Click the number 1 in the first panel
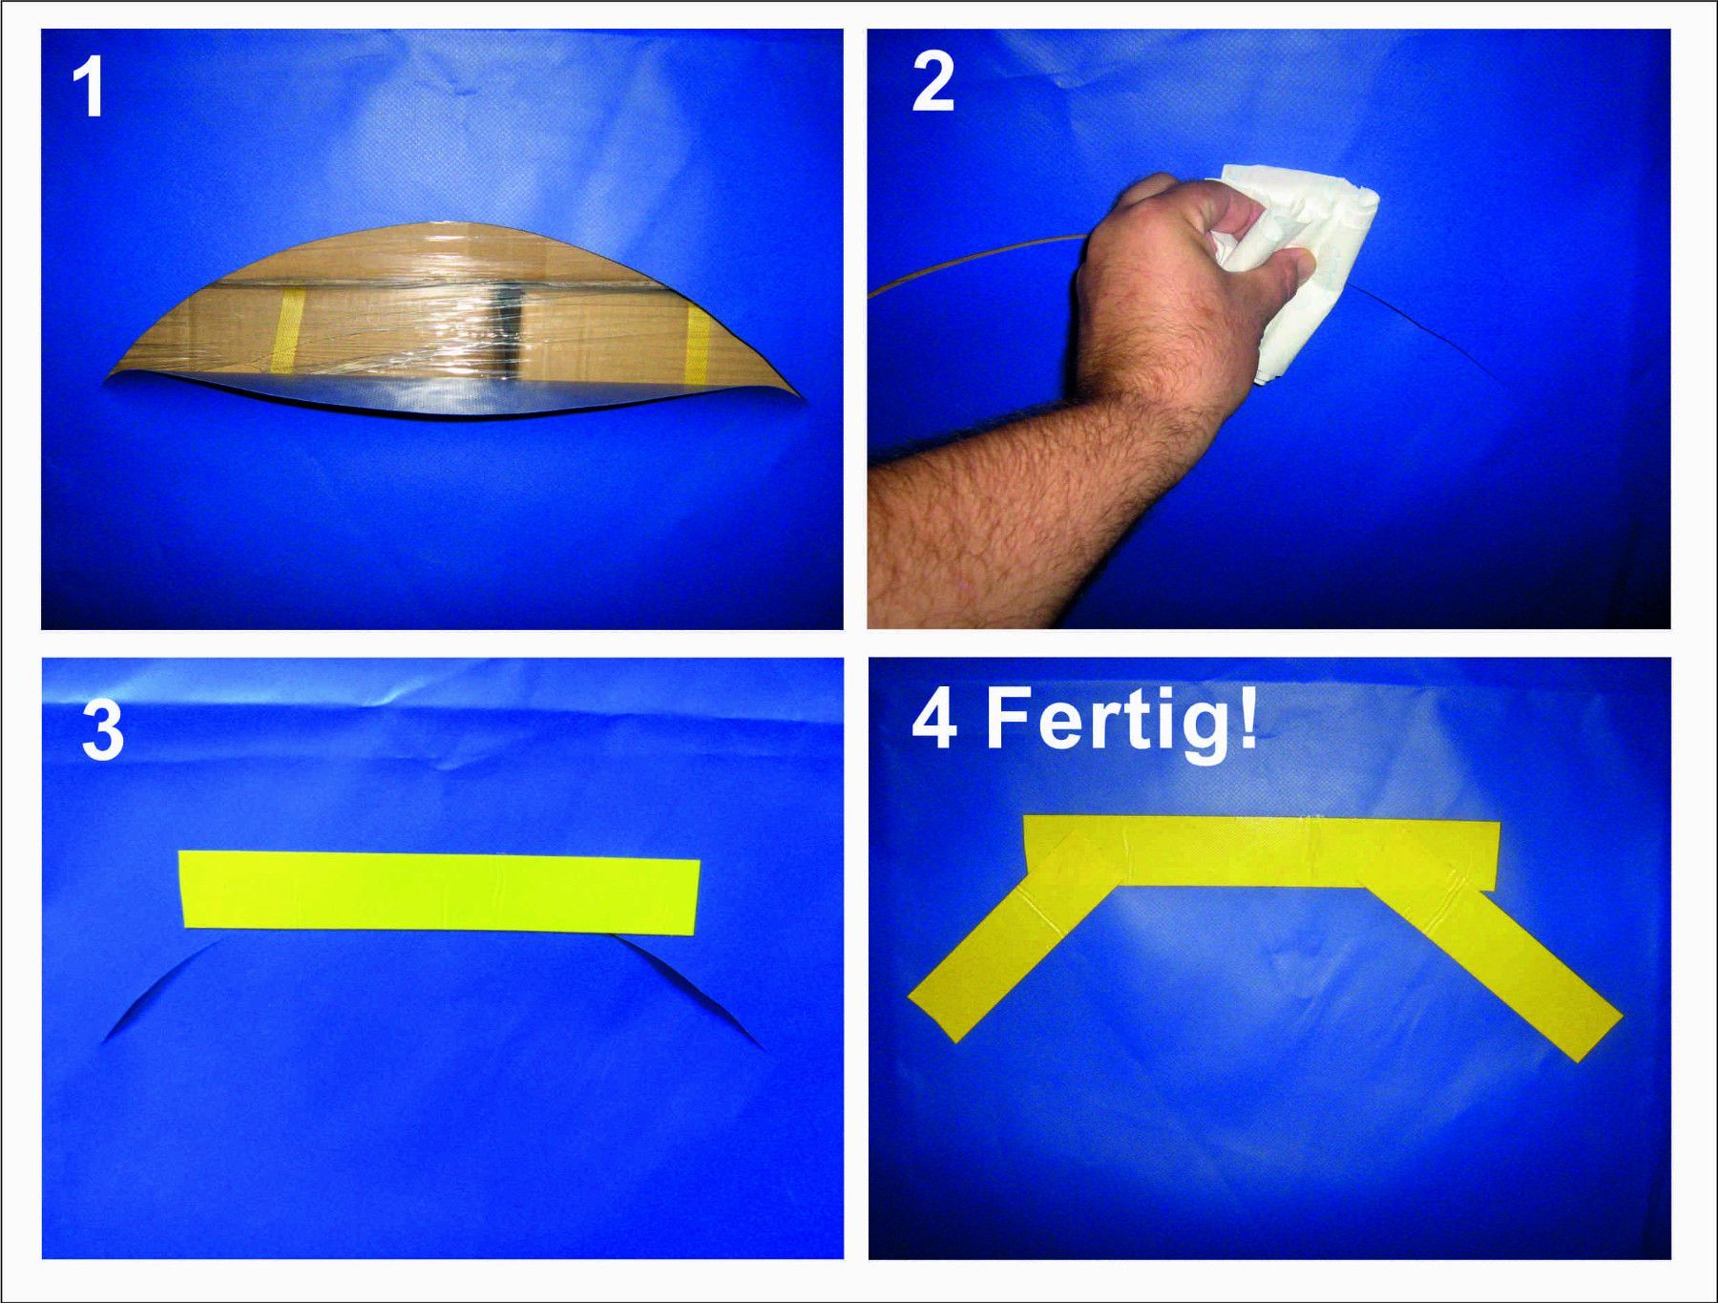point(89,87)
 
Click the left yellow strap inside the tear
point(286,330)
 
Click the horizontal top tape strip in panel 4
point(1260,851)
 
